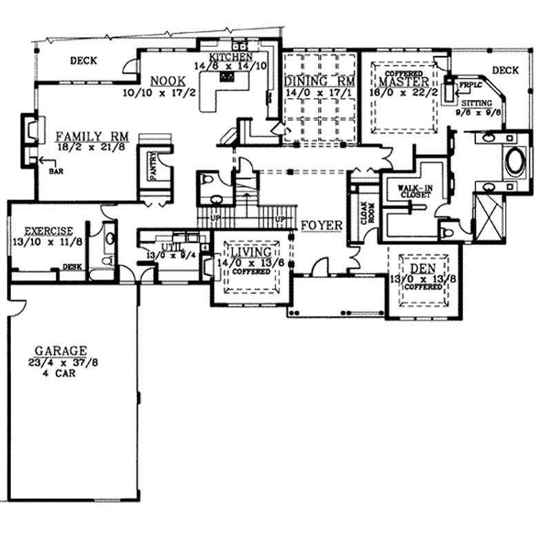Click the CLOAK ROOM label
[364, 215]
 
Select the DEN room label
[422, 268]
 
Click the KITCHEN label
[232, 57]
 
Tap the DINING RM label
[319, 80]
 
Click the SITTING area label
[476, 102]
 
